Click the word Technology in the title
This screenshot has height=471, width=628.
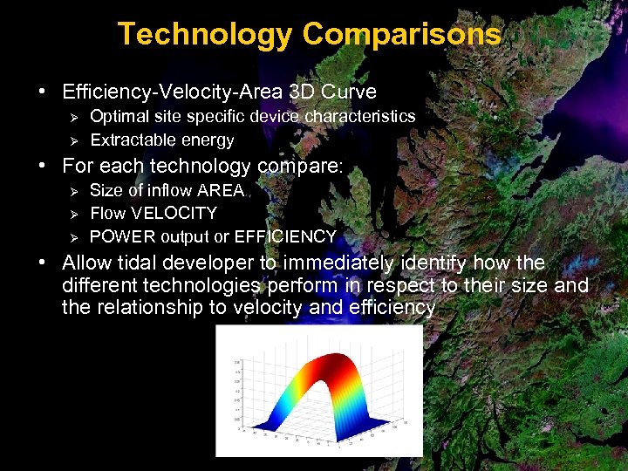(x=205, y=34)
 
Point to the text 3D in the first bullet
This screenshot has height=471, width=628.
(x=308, y=92)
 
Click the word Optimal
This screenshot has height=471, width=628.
(x=119, y=116)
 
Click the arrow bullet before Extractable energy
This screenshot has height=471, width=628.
(x=74, y=140)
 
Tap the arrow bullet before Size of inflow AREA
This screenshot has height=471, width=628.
(x=74, y=190)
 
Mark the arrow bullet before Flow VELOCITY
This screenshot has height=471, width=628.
(x=74, y=214)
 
